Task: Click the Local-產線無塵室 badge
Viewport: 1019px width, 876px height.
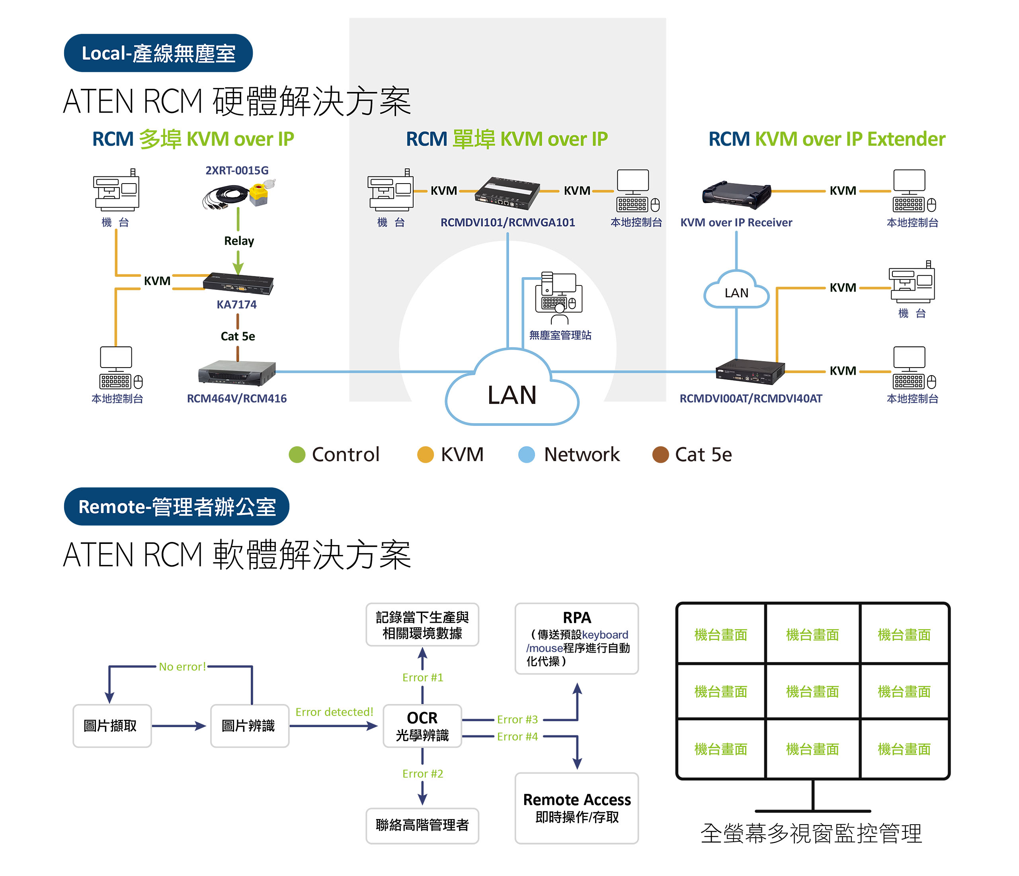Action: click(x=158, y=53)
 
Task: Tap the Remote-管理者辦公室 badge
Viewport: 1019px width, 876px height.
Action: click(x=177, y=506)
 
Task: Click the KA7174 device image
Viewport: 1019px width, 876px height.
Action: click(x=238, y=284)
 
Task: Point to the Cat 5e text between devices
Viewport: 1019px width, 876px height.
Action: click(x=238, y=336)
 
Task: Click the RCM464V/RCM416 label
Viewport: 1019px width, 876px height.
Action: click(x=236, y=399)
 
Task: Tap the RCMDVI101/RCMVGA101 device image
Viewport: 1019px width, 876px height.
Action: click(x=507, y=193)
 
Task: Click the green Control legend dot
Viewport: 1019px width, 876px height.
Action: click(x=297, y=454)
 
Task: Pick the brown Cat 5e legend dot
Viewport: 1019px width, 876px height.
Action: click(x=660, y=454)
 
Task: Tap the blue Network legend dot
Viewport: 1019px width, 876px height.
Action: click(x=526, y=454)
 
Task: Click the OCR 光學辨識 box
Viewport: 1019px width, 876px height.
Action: click(x=422, y=726)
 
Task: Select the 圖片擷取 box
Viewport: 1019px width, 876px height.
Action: click(x=111, y=726)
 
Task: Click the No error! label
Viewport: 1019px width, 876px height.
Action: click(x=182, y=667)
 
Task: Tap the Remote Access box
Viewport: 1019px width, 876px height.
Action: click(x=576, y=808)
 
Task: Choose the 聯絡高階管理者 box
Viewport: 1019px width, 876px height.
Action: click(x=422, y=825)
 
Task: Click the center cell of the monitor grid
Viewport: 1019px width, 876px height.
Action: click(x=812, y=692)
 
